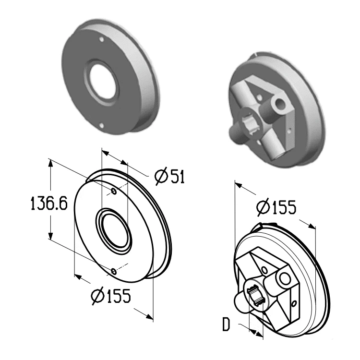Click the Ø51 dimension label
click(x=169, y=177)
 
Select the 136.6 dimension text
click(x=49, y=204)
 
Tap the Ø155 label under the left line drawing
click(x=111, y=296)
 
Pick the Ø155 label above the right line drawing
click(x=276, y=207)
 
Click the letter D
click(x=226, y=324)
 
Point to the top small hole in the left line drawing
click(x=114, y=191)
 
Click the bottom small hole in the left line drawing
click(x=114, y=272)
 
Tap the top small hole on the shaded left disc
click(x=102, y=39)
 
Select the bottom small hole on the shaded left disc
click(x=102, y=125)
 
